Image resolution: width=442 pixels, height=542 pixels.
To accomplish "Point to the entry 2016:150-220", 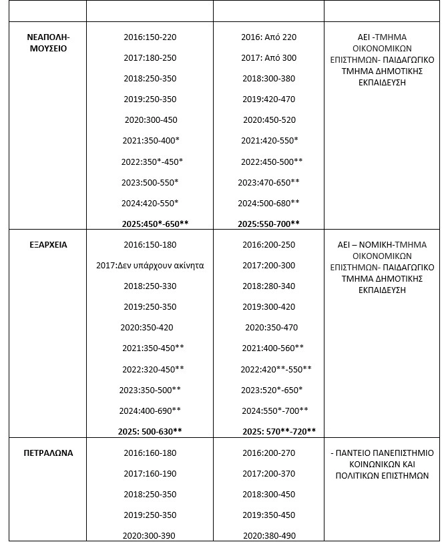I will [x=150, y=37].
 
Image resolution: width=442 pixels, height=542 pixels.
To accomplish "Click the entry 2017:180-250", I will [x=150, y=58].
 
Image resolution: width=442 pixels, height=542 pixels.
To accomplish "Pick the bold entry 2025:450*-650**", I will [x=150, y=224].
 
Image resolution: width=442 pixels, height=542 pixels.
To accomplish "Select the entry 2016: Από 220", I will [x=268, y=37].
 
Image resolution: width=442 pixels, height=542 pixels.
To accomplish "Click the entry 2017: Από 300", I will [x=268, y=58].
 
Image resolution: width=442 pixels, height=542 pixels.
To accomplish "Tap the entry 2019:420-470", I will [x=268, y=99].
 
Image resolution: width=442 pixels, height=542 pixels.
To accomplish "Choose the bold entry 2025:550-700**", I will [x=268, y=224].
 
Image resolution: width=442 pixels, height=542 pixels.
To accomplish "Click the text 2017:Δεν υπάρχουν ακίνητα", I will [x=150, y=266].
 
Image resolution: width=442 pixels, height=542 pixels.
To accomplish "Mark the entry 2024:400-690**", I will [x=150, y=411].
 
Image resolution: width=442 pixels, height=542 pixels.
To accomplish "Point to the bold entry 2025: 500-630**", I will [x=150, y=431].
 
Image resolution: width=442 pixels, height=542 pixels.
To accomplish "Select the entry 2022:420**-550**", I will [x=276, y=369].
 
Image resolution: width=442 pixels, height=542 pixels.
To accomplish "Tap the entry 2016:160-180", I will [x=150, y=453].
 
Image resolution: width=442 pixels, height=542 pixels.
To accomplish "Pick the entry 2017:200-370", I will [x=268, y=474].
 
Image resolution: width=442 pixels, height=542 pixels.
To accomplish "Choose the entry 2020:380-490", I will [x=268, y=536].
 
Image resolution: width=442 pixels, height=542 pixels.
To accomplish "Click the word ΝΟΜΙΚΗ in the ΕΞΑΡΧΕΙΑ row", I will [x=379, y=245].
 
